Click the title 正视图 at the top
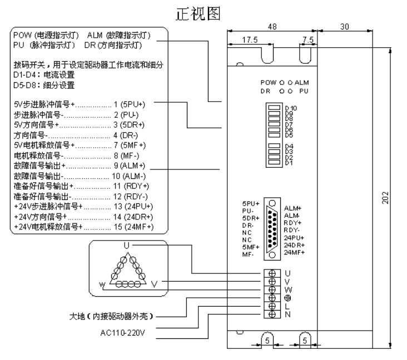tap(203, 12)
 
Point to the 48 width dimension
tap(272, 27)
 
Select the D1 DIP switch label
tap(289, 163)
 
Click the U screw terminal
tap(272, 273)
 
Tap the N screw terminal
tap(272, 314)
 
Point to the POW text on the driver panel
tap(267, 82)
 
